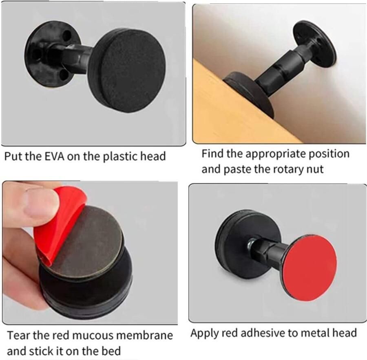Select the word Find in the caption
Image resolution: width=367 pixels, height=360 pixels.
[212, 154]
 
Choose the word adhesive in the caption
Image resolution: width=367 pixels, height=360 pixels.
[265, 333]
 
